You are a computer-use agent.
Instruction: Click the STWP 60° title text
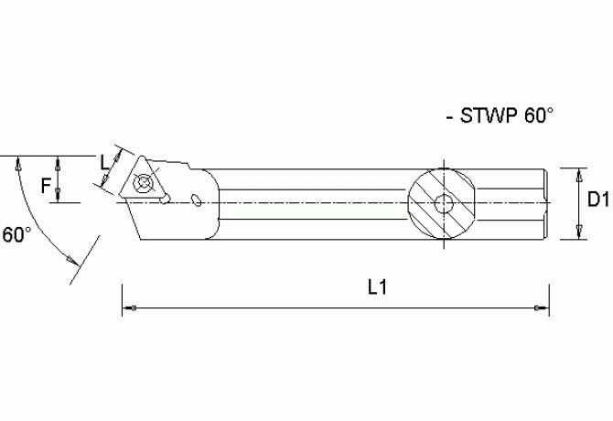pyautogui.click(x=498, y=117)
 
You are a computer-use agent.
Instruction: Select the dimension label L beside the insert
pyautogui.click(x=103, y=163)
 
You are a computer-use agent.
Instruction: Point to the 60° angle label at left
pyautogui.click(x=16, y=235)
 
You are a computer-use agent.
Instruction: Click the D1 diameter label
pyautogui.click(x=598, y=200)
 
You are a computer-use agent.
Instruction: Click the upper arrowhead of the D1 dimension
pyautogui.click(x=581, y=173)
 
